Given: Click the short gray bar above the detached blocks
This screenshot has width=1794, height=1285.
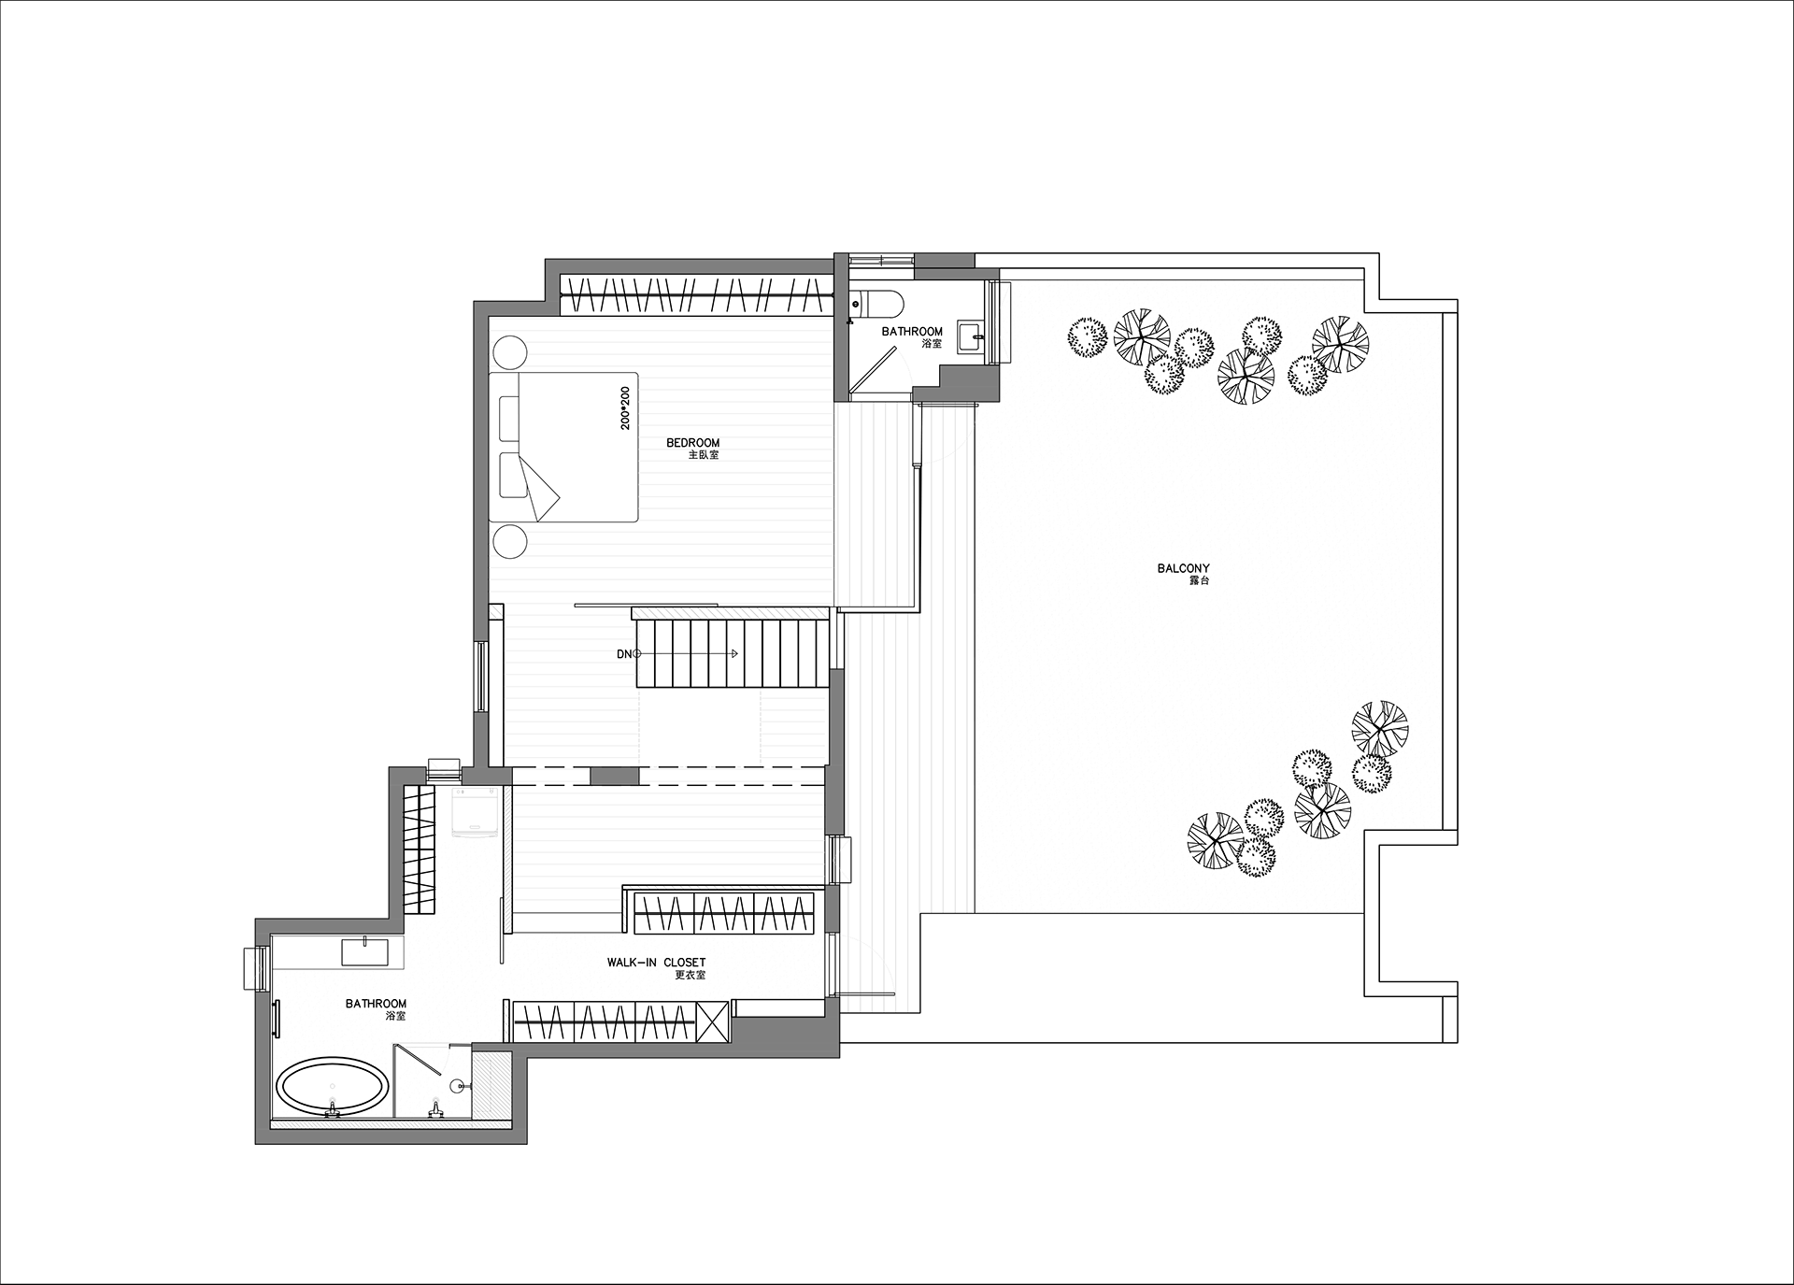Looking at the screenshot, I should pyautogui.click(x=944, y=260).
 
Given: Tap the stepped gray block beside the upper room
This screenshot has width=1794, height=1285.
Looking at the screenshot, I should pyautogui.click(x=967, y=383).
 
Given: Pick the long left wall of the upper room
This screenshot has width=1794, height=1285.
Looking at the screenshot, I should pyautogui.click(x=481, y=467).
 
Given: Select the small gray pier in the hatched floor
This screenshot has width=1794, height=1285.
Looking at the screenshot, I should pyautogui.click(x=614, y=776).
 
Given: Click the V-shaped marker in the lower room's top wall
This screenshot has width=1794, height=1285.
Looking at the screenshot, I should pyautogui.click(x=443, y=769).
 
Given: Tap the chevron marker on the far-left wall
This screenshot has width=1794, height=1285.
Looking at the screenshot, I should pyautogui.click(x=251, y=968).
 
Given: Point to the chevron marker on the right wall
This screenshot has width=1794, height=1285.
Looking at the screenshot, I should pyautogui.click(x=838, y=860).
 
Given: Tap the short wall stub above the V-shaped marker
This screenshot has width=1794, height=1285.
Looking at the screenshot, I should pyautogui.click(x=481, y=738).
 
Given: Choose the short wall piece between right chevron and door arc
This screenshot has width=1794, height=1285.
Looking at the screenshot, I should pyautogui.click(x=832, y=907).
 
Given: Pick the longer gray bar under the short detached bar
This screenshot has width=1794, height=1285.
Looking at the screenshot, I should pyautogui.click(x=956, y=274).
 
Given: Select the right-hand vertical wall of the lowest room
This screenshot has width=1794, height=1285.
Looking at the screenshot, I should pyautogui.click(x=520, y=1093).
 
